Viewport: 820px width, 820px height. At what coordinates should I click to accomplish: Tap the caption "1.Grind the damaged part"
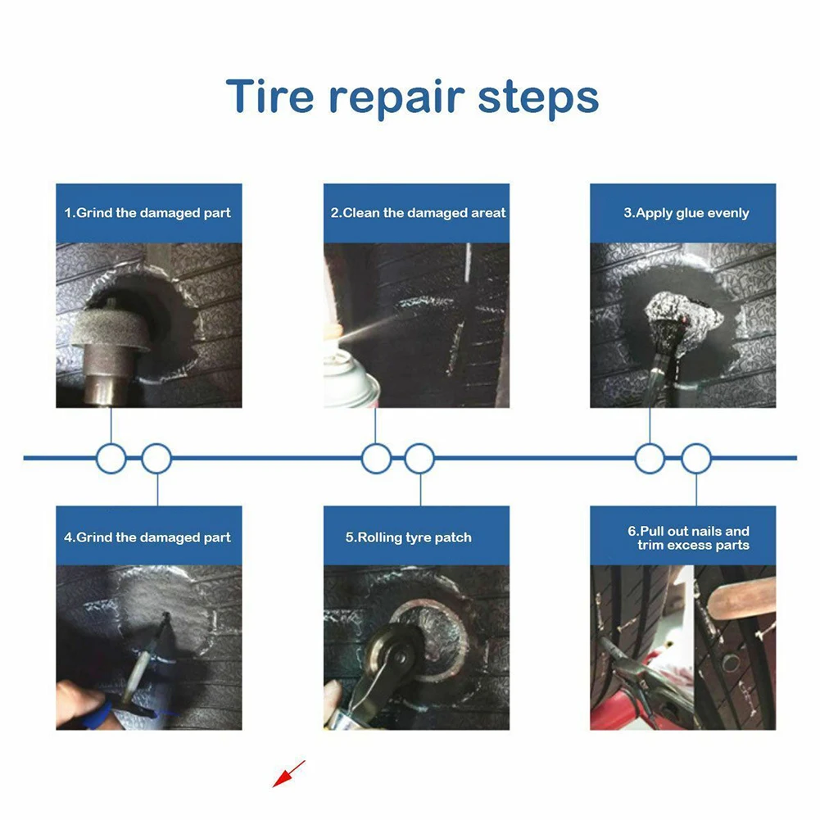coord(148,213)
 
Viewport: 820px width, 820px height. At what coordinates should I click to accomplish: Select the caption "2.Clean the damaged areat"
coord(417,213)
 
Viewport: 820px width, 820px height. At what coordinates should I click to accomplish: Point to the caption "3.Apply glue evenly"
coord(686,213)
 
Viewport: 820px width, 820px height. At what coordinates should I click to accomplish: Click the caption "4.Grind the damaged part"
coord(148,537)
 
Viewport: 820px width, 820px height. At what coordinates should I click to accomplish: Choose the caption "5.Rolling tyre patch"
coord(409,537)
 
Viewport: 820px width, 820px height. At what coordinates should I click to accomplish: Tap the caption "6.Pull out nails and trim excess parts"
coord(688,538)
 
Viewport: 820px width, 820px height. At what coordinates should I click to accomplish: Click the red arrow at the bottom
coord(288,773)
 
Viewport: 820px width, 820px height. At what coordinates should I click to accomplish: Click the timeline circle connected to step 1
coord(111,458)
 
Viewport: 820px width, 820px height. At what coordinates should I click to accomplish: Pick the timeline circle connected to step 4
coord(156,458)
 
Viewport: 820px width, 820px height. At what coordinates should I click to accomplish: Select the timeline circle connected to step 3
coord(650,458)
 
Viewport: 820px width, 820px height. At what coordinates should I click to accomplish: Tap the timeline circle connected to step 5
coord(419,458)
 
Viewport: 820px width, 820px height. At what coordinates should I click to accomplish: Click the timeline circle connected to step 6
coord(695,458)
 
